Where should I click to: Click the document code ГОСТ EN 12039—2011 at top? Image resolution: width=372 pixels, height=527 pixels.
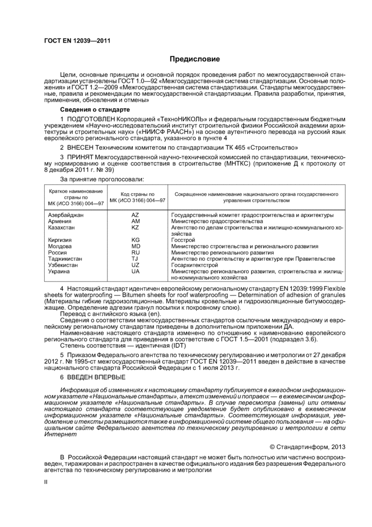tap(77, 40)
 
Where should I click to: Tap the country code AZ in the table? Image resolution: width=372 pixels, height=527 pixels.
tap(135, 215)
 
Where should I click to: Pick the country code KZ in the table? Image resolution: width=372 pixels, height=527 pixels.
tap(135, 227)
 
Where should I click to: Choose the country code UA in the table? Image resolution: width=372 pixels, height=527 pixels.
tap(135, 271)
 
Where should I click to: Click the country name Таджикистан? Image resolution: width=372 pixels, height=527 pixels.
tap(65, 259)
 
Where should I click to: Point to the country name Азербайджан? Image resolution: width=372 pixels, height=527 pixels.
tap(65, 215)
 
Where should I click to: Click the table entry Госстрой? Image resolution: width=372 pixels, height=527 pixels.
tap(183, 240)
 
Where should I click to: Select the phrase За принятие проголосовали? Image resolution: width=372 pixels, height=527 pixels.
tap(95, 180)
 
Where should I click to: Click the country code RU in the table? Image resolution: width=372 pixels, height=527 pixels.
tap(135, 252)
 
